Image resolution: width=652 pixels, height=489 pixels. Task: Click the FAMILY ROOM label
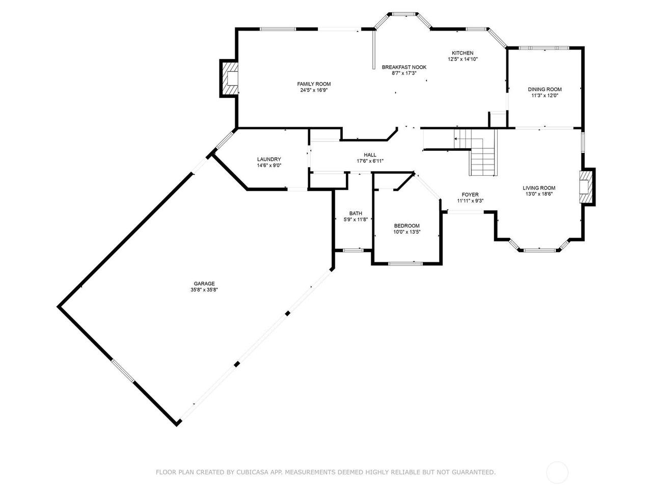tap(314, 84)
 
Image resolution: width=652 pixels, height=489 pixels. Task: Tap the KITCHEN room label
tap(463, 53)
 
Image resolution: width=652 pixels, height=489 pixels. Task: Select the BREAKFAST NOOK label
tap(404, 67)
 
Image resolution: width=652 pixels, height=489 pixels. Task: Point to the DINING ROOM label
tap(545, 89)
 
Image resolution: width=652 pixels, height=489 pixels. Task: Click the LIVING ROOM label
tap(539, 188)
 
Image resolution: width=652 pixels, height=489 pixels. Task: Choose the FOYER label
tap(470, 195)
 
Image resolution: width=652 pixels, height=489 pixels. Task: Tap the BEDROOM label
tap(406, 226)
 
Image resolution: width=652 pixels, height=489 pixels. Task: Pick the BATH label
tap(356, 213)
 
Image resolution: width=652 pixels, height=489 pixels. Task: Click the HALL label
tap(370, 155)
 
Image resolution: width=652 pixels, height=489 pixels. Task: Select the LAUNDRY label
tap(269, 159)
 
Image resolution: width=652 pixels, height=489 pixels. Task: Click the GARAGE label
tap(204, 284)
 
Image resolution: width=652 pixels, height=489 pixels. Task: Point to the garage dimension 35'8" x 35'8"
tap(204, 290)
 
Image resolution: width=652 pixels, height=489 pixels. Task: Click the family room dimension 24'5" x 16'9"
tap(314, 90)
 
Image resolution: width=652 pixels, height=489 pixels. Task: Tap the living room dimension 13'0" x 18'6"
tap(539, 194)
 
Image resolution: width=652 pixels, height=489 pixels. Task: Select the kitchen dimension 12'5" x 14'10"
tap(463, 59)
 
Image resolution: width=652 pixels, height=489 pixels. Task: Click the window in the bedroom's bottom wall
tap(405, 263)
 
